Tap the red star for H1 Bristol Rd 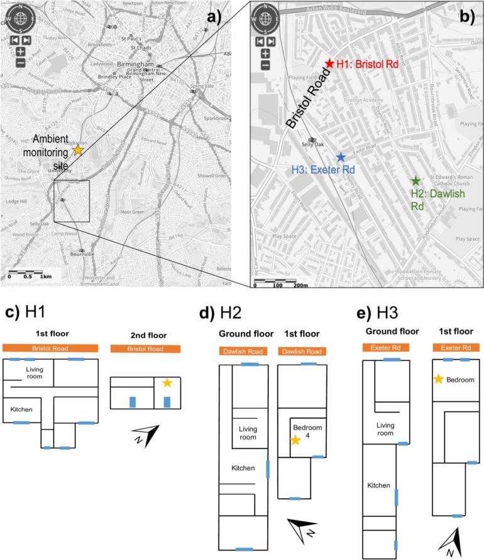point(329,63)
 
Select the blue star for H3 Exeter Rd point(340,156)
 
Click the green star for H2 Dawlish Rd point(415,181)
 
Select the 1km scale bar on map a point(25,275)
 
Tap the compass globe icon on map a point(20,18)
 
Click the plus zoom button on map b point(265,54)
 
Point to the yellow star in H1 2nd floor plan point(167,382)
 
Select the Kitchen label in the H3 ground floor point(380,485)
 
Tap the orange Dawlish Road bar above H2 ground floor point(245,352)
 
